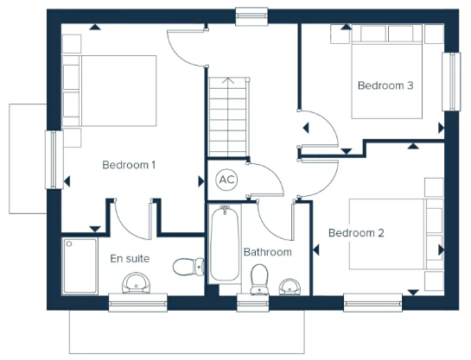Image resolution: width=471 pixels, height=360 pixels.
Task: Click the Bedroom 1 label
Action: coord(129,165)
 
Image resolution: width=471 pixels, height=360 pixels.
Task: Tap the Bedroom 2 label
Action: coord(356,233)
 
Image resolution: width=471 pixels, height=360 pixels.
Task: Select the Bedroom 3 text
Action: coord(385,85)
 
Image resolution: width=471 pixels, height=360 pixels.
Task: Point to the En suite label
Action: coord(130,259)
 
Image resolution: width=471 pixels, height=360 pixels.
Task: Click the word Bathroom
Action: coord(268,252)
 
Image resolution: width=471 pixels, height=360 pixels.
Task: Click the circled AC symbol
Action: coord(226,180)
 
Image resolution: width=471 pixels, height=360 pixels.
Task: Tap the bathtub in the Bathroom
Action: coord(225,244)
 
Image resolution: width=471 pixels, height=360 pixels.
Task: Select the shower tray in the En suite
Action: coord(80,266)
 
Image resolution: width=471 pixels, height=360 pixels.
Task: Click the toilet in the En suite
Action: coord(189,267)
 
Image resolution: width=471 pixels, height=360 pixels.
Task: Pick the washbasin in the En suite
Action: coord(136,283)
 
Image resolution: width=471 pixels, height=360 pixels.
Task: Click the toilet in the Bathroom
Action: coord(259,279)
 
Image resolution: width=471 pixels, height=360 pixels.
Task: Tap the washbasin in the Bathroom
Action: coord(290,287)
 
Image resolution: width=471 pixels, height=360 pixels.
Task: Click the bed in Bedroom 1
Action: coord(110,91)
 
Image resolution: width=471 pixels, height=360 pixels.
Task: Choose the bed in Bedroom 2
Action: coord(396,234)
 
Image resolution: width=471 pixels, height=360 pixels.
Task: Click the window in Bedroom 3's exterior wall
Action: coord(451,82)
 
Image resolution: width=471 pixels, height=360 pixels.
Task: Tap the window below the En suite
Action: coord(138,303)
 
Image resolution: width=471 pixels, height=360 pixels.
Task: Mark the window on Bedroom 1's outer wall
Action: coord(54,160)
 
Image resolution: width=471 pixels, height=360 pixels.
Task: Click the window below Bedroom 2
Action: coord(373,303)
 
